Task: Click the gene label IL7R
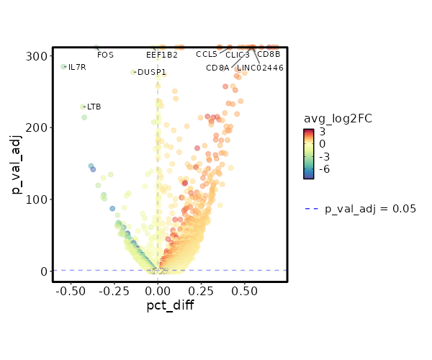tap(77, 68)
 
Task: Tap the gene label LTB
tap(94, 107)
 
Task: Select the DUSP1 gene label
tap(151, 72)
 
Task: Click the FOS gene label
tap(105, 55)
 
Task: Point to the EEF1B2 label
tap(161, 55)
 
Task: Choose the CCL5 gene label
tap(207, 54)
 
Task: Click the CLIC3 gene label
tap(238, 55)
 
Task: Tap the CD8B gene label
tap(269, 54)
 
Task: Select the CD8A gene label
tap(217, 68)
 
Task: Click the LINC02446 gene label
tap(260, 68)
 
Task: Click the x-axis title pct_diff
tap(170, 305)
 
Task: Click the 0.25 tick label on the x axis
tap(202, 291)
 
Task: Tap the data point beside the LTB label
tap(83, 107)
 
